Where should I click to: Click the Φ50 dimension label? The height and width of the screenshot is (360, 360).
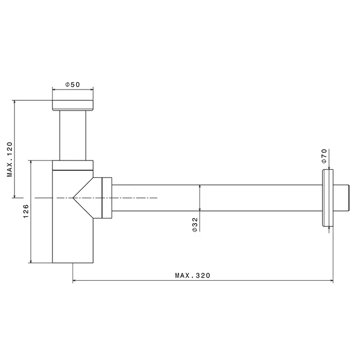tap(73, 85)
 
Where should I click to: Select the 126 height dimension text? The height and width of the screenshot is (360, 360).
tap(26, 211)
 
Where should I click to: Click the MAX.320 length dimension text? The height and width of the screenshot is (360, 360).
tap(193, 276)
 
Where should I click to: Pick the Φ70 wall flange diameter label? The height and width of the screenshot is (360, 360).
tap(324, 155)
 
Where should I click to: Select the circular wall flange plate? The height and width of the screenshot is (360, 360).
tap(328, 197)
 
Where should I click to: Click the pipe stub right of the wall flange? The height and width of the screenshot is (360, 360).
tap(342, 197)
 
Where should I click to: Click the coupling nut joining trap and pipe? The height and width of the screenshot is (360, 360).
tap(107, 197)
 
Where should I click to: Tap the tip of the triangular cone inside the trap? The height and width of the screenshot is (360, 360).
tap(73, 197)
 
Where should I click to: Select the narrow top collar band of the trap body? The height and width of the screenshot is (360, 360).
tap(73, 165)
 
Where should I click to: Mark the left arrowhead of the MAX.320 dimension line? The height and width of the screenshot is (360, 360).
tap(74, 281)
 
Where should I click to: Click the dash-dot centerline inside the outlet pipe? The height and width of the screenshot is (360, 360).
tap(134, 197)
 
